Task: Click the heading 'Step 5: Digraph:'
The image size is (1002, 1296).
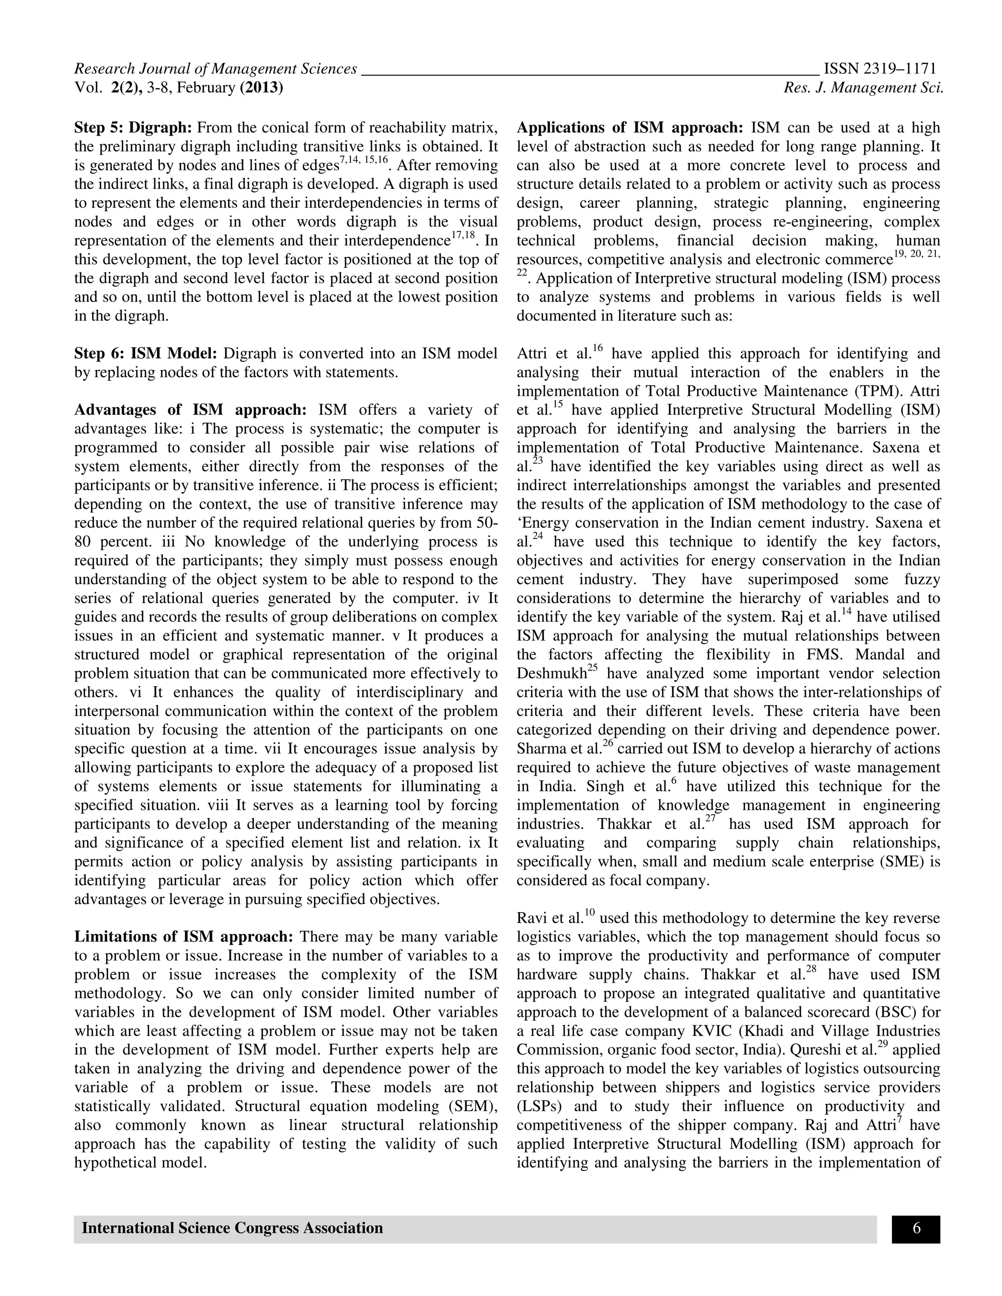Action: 133,128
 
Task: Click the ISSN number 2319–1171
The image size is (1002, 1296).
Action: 880,69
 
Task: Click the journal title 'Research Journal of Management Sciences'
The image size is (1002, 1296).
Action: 215,69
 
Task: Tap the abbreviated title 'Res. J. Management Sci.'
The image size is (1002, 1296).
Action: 863,88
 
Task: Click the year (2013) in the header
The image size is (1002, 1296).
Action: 261,88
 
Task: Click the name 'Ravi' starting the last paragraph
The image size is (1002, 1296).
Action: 532,918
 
